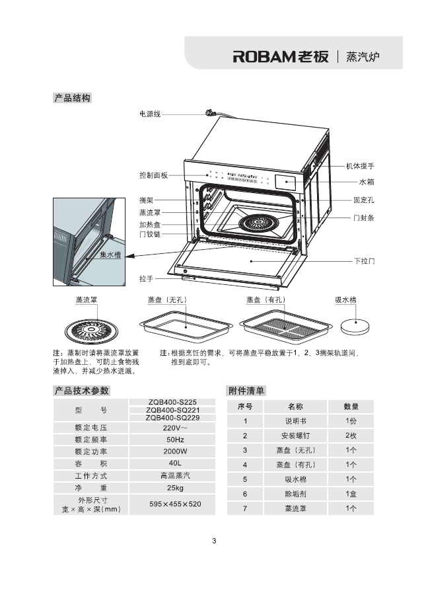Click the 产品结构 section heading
tap(72, 99)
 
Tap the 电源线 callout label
tap(150, 114)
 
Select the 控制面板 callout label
tap(153, 175)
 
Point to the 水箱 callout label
tap(367, 182)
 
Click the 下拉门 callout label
tap(364, 261)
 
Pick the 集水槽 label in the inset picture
tap(110, 255)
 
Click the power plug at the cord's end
tap(213, 113)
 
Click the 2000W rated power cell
tap(175, 452)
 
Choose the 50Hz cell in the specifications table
tap(175, 440)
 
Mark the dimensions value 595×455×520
tap(175, 504)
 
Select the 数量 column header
tap(351, 407)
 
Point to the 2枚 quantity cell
tap(351, 436)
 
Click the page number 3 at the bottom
tap(214, 541)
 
